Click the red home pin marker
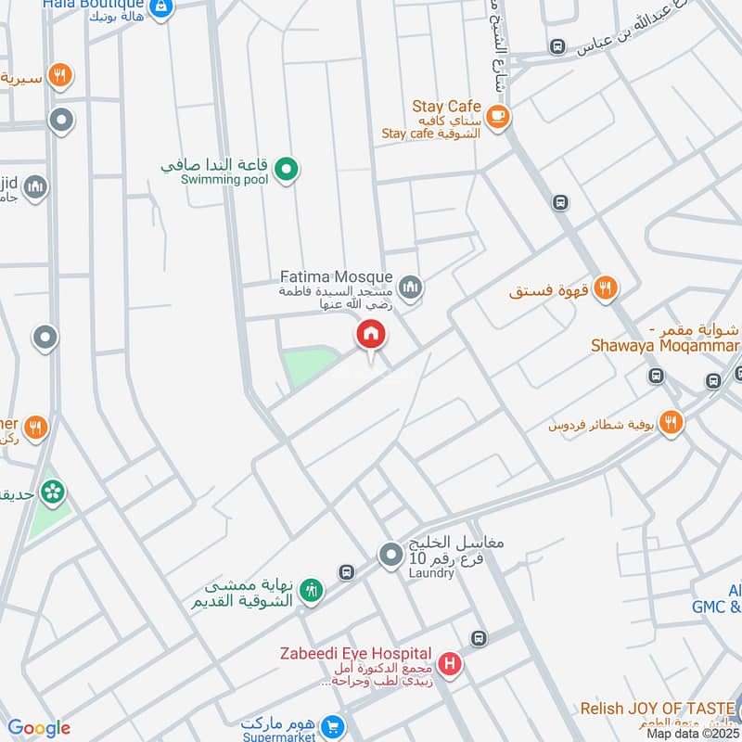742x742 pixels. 371,335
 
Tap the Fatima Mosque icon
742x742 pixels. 411,288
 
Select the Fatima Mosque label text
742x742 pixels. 337,277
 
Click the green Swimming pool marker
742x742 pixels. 288,169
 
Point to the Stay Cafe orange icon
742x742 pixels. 498,116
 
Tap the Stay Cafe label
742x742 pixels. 447,107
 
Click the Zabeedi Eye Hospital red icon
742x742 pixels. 450,664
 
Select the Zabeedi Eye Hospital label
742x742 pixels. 356,654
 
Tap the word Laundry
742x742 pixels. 431,573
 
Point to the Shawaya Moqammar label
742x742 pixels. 665,346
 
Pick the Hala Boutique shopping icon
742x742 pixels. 161,7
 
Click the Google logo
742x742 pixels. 39,728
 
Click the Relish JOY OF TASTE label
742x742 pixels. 659,710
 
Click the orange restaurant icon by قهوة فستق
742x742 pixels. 605,288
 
